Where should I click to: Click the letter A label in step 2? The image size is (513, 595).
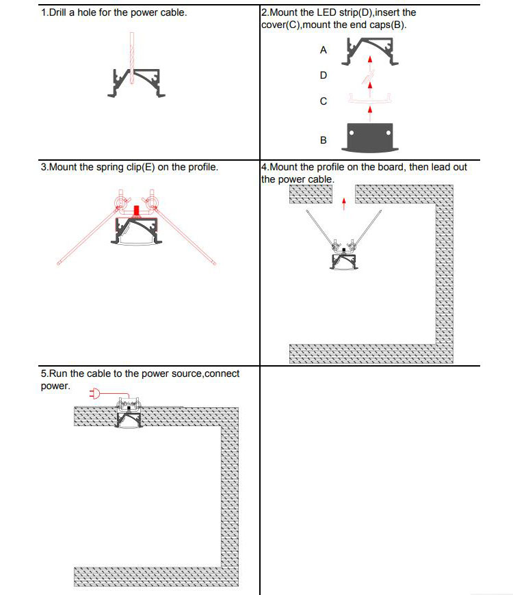point(324,51)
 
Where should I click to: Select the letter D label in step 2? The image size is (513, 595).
point(324,75)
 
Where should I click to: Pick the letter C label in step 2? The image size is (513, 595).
point(324,101)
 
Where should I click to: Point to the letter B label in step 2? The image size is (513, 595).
point(324,140)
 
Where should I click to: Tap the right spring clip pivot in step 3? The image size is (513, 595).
point(152,202)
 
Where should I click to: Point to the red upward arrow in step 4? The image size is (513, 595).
point(344,200)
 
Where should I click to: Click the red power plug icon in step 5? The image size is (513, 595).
point(95,394)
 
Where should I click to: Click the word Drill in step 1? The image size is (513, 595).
point(61,12)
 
